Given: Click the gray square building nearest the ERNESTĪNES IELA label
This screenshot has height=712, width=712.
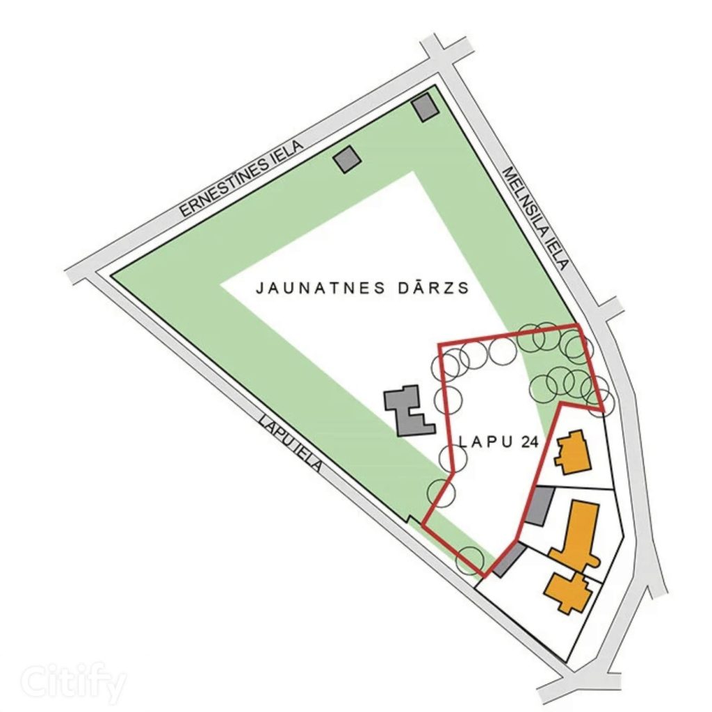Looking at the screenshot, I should pyautogui.click(x=347, y=159).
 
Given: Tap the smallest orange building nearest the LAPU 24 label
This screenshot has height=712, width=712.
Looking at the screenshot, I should pyautogui.click(x=572, y=452).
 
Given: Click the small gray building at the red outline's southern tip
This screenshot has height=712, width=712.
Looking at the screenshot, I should pyautogui.click(x=511, y=560).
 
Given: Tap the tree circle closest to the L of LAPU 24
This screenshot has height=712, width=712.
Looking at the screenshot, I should pyautogui.click(x=452, y=457).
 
